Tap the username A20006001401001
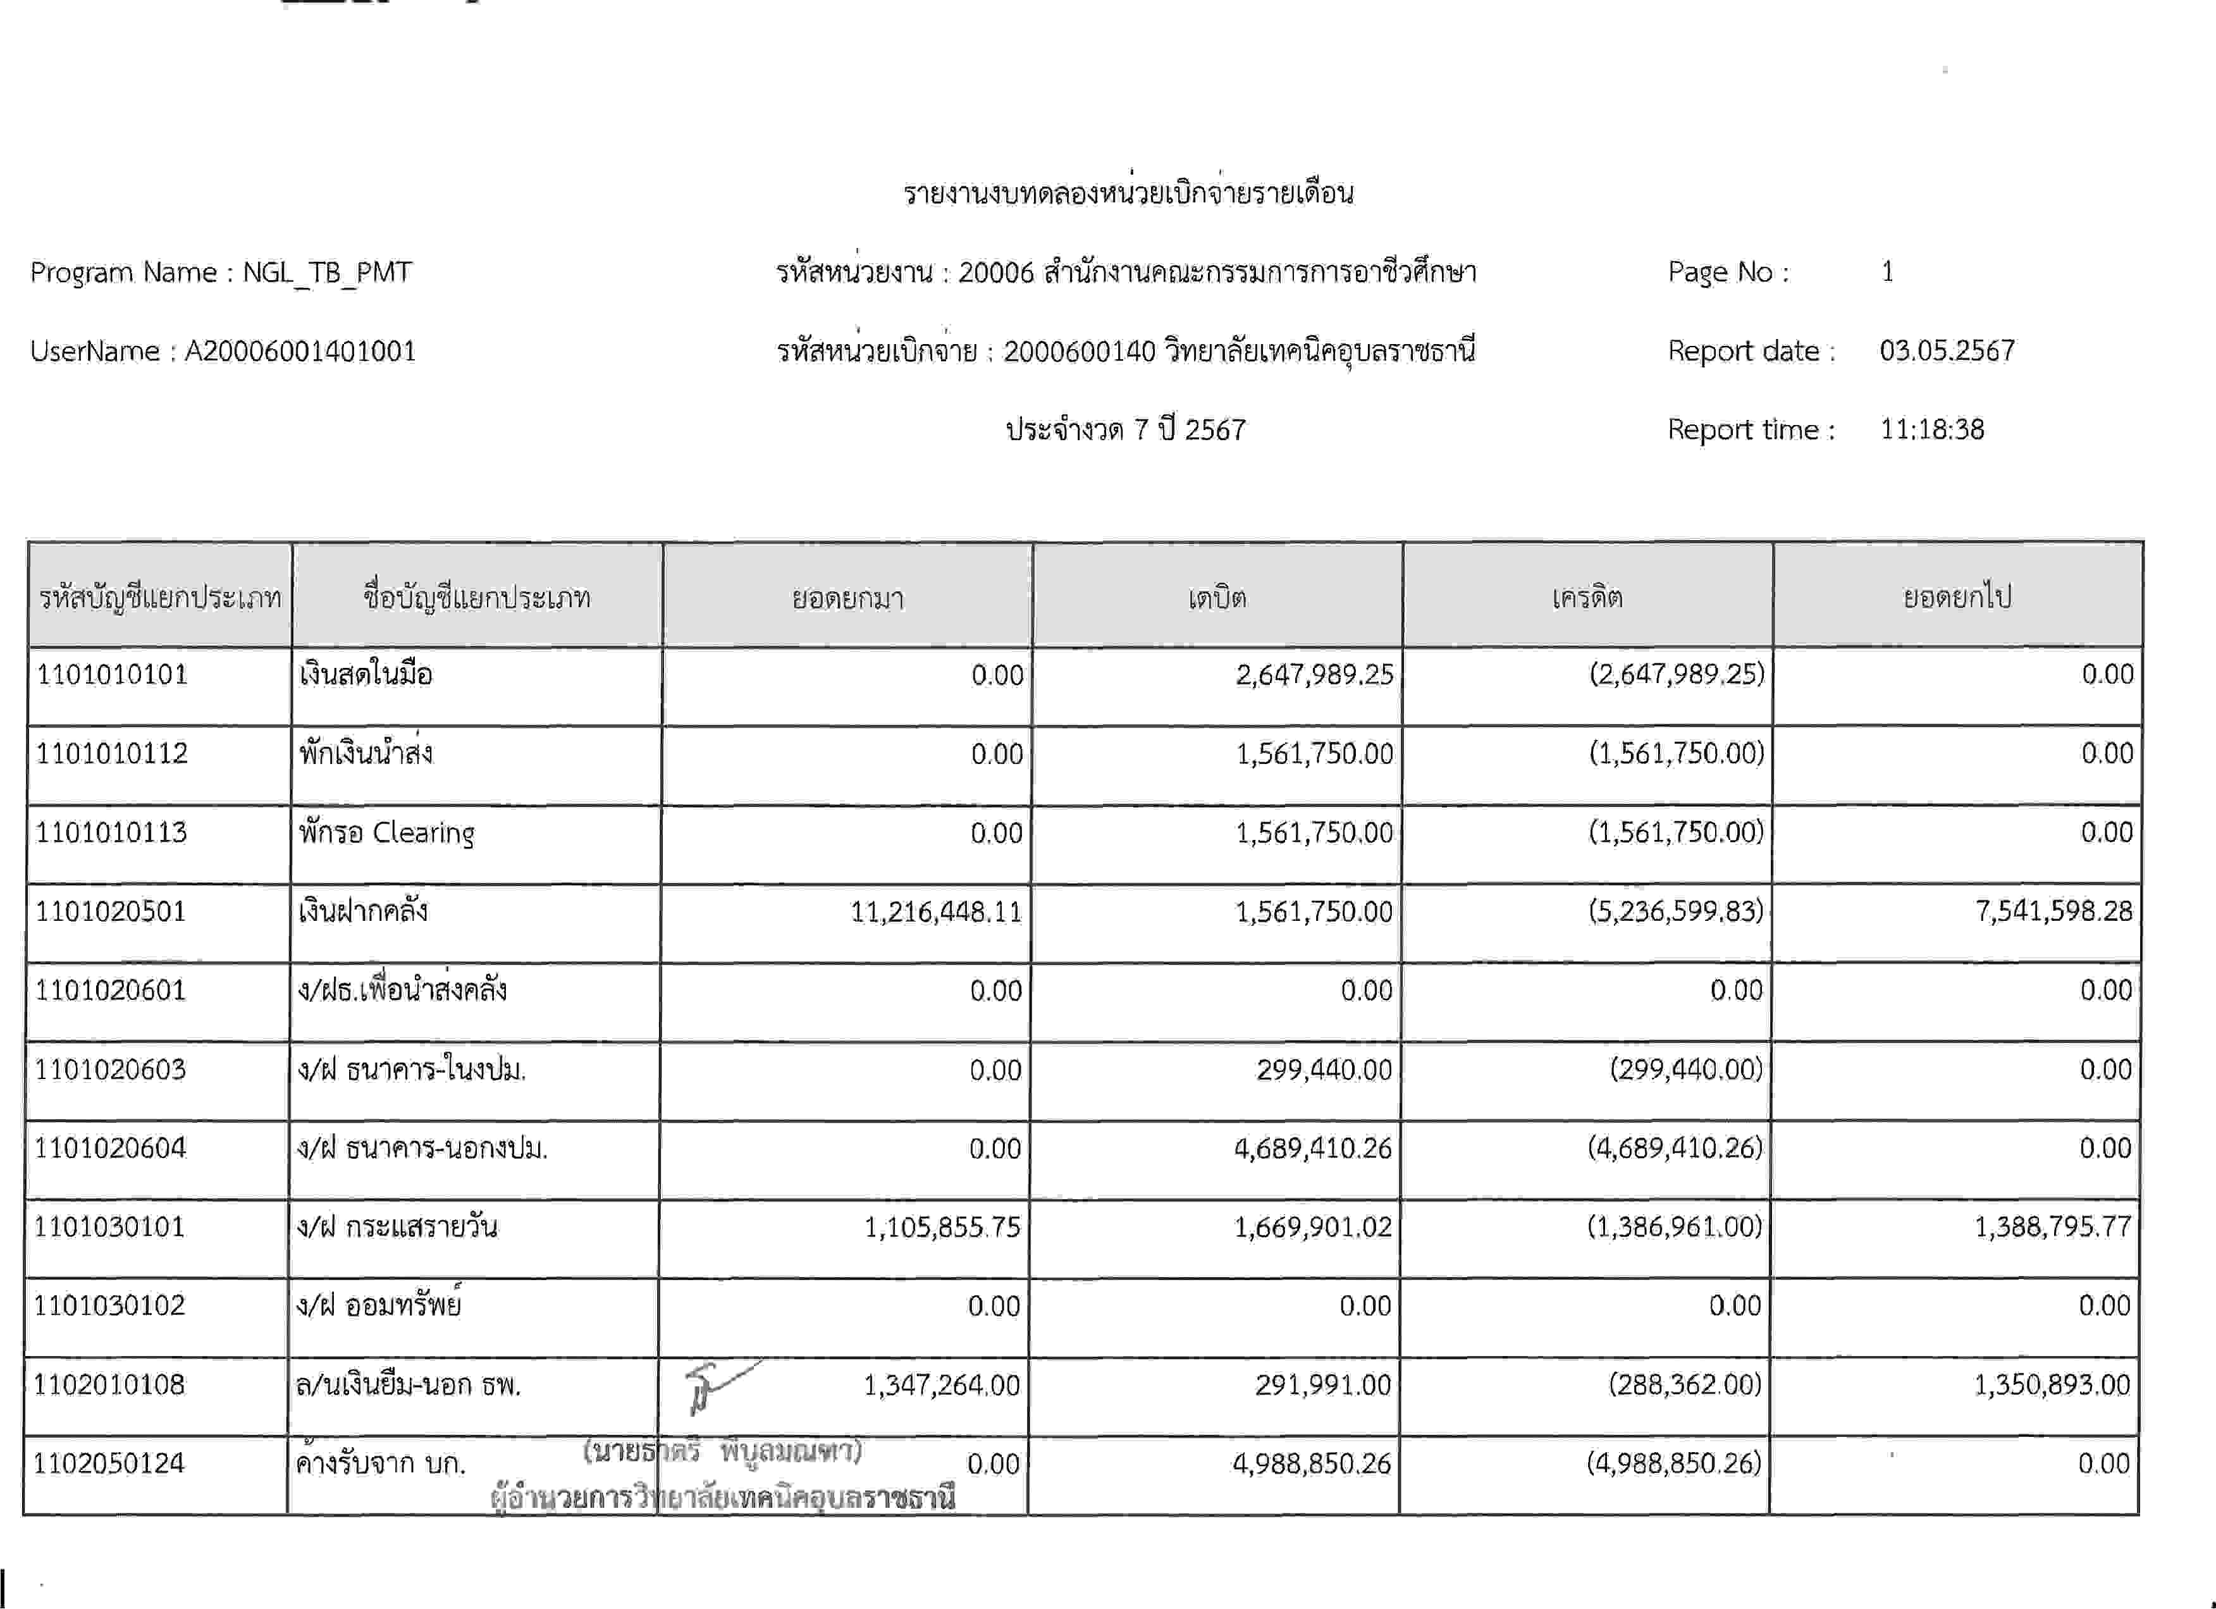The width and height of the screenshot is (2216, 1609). click(x=300, y=351)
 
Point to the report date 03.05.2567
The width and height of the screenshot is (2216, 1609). click(x=1947, y=351)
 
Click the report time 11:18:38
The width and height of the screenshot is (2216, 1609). click(x=1931, y=430)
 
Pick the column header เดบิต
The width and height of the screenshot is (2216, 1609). click(x=1217, y=597)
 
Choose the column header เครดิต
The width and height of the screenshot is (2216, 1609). click(x=1588, y=597)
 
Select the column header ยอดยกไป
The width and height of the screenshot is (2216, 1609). click(x=1957, y=597)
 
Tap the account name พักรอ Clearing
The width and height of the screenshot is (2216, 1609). click(x=387, y=832)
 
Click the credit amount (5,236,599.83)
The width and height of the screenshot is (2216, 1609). click(x=1676, y=911)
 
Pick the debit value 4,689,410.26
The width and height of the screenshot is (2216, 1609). click(x=1312, y=1148)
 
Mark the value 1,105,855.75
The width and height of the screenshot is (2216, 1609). click(x=942, y=1227)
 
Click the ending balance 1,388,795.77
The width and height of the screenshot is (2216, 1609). click(x=2052, y=1227)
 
